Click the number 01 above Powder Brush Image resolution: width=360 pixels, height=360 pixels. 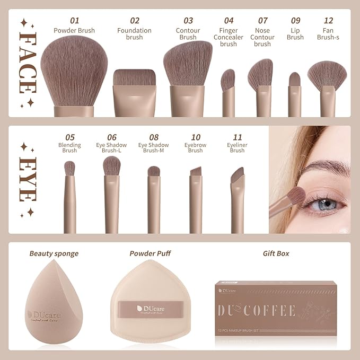click(74, 21)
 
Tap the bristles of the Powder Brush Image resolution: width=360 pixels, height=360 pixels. click(74, 72)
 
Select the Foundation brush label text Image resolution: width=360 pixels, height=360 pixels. click(135, 34)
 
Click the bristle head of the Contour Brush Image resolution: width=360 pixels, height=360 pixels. click(188, 64)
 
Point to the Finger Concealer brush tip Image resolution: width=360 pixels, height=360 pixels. click(228, 80)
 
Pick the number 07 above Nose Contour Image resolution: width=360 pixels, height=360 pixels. click(262, 21)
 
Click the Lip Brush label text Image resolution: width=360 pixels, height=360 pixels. click(295, 34)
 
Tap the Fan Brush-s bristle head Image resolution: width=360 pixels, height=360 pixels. click(327, 75)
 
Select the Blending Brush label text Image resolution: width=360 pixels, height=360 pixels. click(69, 148)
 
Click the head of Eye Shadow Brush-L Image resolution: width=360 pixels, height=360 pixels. click(111, 165)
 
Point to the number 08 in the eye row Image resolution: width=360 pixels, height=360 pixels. click(154, 138)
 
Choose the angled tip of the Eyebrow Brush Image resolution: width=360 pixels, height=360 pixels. click(195, 172)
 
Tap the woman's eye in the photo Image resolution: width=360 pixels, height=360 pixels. click(321, 203)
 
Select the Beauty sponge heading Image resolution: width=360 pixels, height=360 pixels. click(54, 253)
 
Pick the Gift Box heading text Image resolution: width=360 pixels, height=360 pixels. click(276, 253)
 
